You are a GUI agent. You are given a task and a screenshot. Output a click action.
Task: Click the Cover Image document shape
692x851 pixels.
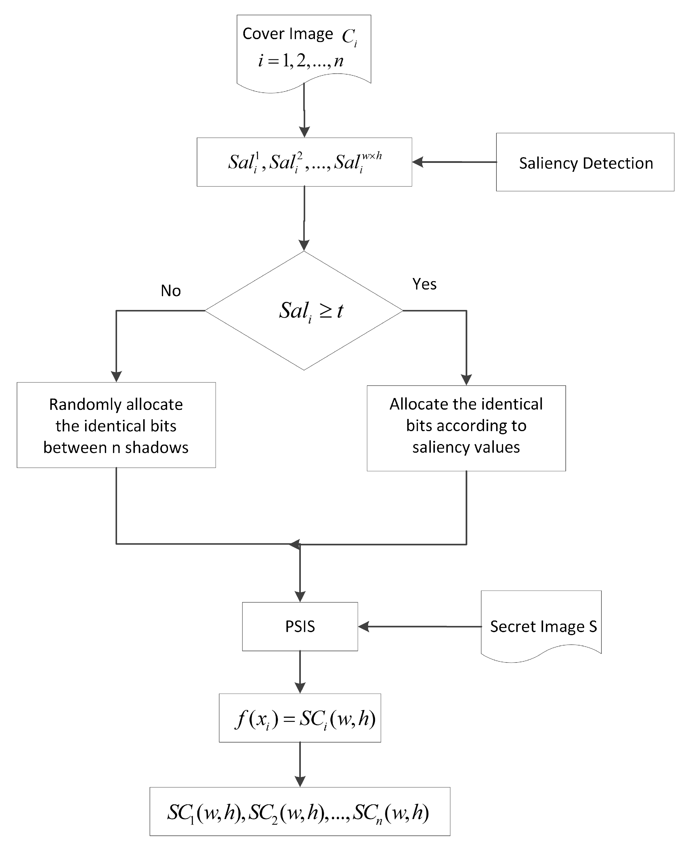[304, 50]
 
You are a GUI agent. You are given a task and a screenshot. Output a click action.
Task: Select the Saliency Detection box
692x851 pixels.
[585, 163]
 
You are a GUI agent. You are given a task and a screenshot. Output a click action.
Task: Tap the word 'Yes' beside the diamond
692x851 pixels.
[424, 284]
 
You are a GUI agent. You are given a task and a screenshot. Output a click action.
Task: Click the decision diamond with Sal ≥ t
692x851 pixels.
[304, 311]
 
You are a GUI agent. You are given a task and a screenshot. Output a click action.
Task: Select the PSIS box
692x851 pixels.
[300, 627]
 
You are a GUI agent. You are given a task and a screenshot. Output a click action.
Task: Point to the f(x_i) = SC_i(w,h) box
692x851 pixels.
[300, 718]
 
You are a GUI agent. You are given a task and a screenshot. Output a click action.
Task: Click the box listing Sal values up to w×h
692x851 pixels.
[304, 162]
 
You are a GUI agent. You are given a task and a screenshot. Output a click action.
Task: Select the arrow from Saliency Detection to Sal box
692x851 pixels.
[454, 162]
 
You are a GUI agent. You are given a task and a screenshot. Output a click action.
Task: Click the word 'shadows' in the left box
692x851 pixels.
[157, 448]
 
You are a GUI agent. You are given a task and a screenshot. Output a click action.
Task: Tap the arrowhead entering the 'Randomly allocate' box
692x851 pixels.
[116, 376]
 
